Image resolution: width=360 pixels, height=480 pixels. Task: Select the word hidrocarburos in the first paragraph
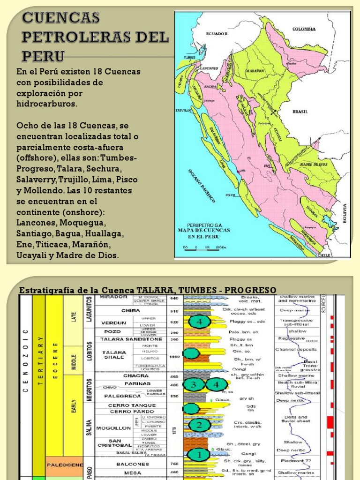[x=46, y=104]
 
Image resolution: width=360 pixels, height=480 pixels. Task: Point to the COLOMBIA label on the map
[x=304, y=29]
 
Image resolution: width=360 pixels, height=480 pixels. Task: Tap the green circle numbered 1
[x=199, y=455]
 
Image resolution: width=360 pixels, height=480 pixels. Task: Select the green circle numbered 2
[x=199, y=425]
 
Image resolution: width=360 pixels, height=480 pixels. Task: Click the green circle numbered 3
[x=193, y=385]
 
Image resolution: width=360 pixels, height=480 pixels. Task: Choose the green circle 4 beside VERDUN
[x=200, y=322]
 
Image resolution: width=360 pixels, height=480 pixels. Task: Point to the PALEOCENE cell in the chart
[x=65, y=465]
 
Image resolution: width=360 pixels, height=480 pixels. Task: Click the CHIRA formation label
[x=131, y=310]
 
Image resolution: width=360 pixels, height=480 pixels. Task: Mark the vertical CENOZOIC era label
[x=26, y=361]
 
